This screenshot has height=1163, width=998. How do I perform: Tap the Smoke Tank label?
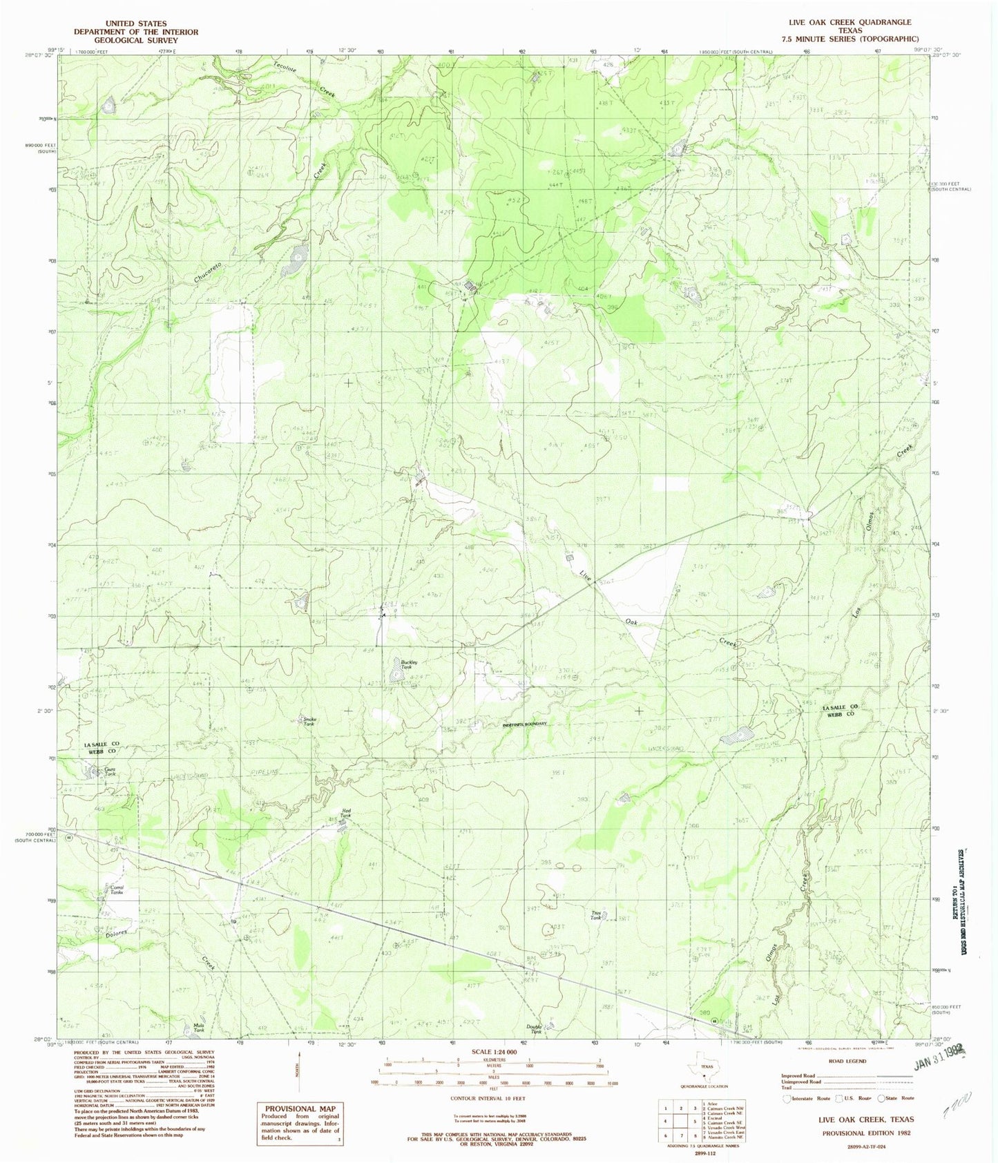(x=309, y=721)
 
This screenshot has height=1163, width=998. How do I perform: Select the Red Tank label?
(x=345, y=813)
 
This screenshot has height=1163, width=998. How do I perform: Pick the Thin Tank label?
(x=596, y=915)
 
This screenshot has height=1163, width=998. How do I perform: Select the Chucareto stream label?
(x=208, y=275)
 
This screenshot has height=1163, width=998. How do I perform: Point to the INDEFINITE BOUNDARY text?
(x=525, y=724)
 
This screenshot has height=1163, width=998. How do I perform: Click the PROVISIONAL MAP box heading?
(x=298, y=1108)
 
